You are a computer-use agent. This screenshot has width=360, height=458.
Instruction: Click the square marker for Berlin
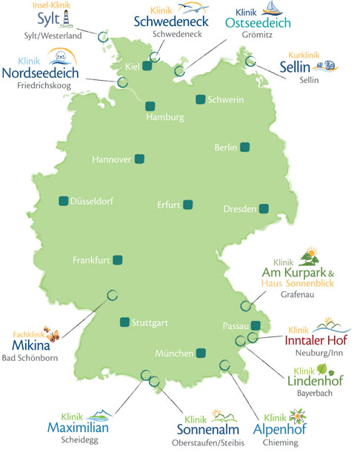click(245, 147)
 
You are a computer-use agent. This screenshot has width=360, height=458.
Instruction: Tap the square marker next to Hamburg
click(150, 106)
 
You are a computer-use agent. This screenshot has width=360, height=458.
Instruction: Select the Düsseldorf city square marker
click(63, 200)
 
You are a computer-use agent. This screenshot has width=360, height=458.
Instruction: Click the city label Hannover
click(111, 159)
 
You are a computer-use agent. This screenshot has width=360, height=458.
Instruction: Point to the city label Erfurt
click(169, 205)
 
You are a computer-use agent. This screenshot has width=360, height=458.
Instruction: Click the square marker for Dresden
click(264, 209)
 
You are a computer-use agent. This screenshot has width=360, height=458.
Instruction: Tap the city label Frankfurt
click(92, 260)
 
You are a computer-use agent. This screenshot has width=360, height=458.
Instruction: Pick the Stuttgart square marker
click(124, 322)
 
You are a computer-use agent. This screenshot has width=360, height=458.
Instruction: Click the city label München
click(174, 354)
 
